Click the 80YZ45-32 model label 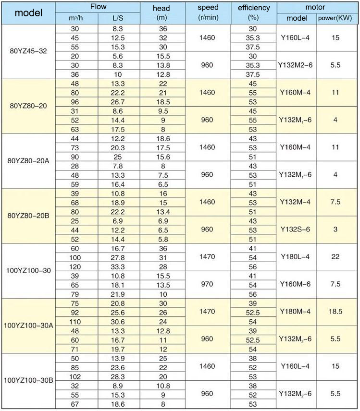pos(28,51)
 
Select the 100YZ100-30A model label pos(28,326)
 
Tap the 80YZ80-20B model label pos(28,216)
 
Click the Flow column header pos(98,7)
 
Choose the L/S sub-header pos(119,18)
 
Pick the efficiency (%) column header pos(253,12)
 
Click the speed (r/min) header pos(208,12)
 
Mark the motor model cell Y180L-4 pos(297,257)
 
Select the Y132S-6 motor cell pos(297,230)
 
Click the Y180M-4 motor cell pos(297,312)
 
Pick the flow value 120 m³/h pos(76,266)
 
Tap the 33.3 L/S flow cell pos(119,266)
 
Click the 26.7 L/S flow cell pos(119,101)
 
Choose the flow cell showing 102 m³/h pos(76,376)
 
